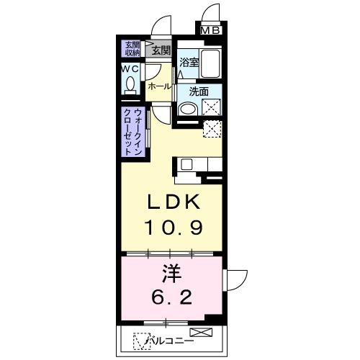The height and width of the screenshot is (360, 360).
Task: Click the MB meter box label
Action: pos(211,30)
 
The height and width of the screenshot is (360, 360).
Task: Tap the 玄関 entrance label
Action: pos(161,50)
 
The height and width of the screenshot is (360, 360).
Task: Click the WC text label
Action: pos(130,68)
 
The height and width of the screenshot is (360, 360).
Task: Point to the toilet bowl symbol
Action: pos(130,84)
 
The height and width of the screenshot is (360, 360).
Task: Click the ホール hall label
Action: pos(159,86)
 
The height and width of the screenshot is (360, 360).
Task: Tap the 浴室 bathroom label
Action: pos(189,62)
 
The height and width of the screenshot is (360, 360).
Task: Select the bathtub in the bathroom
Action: pos(210,66)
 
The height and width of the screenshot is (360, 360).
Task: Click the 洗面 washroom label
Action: pos(199,92)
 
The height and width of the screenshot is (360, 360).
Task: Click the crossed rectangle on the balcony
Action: pos(203,333)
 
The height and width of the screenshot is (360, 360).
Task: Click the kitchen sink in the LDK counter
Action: pos(186,163)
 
